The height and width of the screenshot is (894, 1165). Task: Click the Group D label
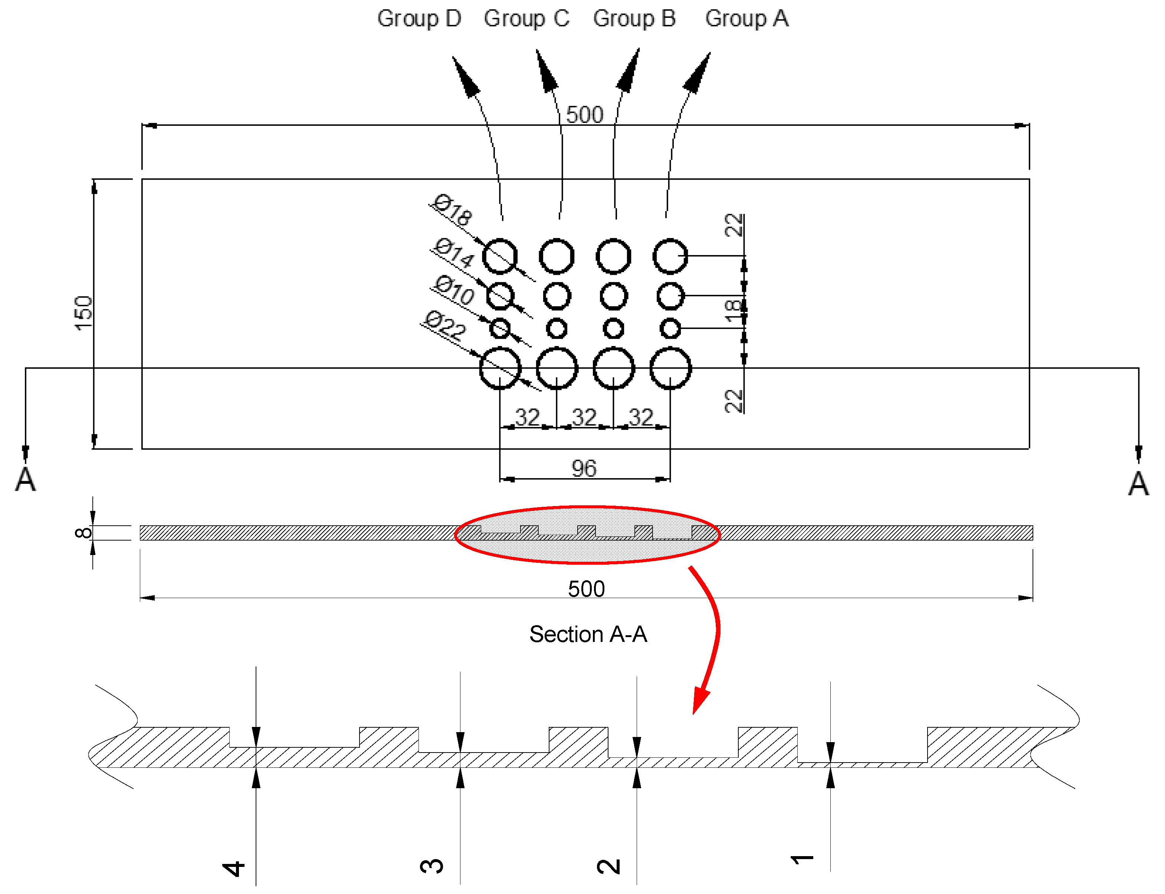(x=419, y=19)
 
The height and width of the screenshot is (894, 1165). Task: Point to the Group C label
(x=526, y=19)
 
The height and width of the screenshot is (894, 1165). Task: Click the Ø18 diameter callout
(x=452, y=210)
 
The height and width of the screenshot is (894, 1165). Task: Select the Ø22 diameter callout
(x=445, y=325)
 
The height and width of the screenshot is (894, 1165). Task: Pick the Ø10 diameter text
(x=453, y=290)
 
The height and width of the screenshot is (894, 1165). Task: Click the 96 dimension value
(x=584, y=468)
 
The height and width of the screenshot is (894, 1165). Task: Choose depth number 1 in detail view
(x=802, y=859)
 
